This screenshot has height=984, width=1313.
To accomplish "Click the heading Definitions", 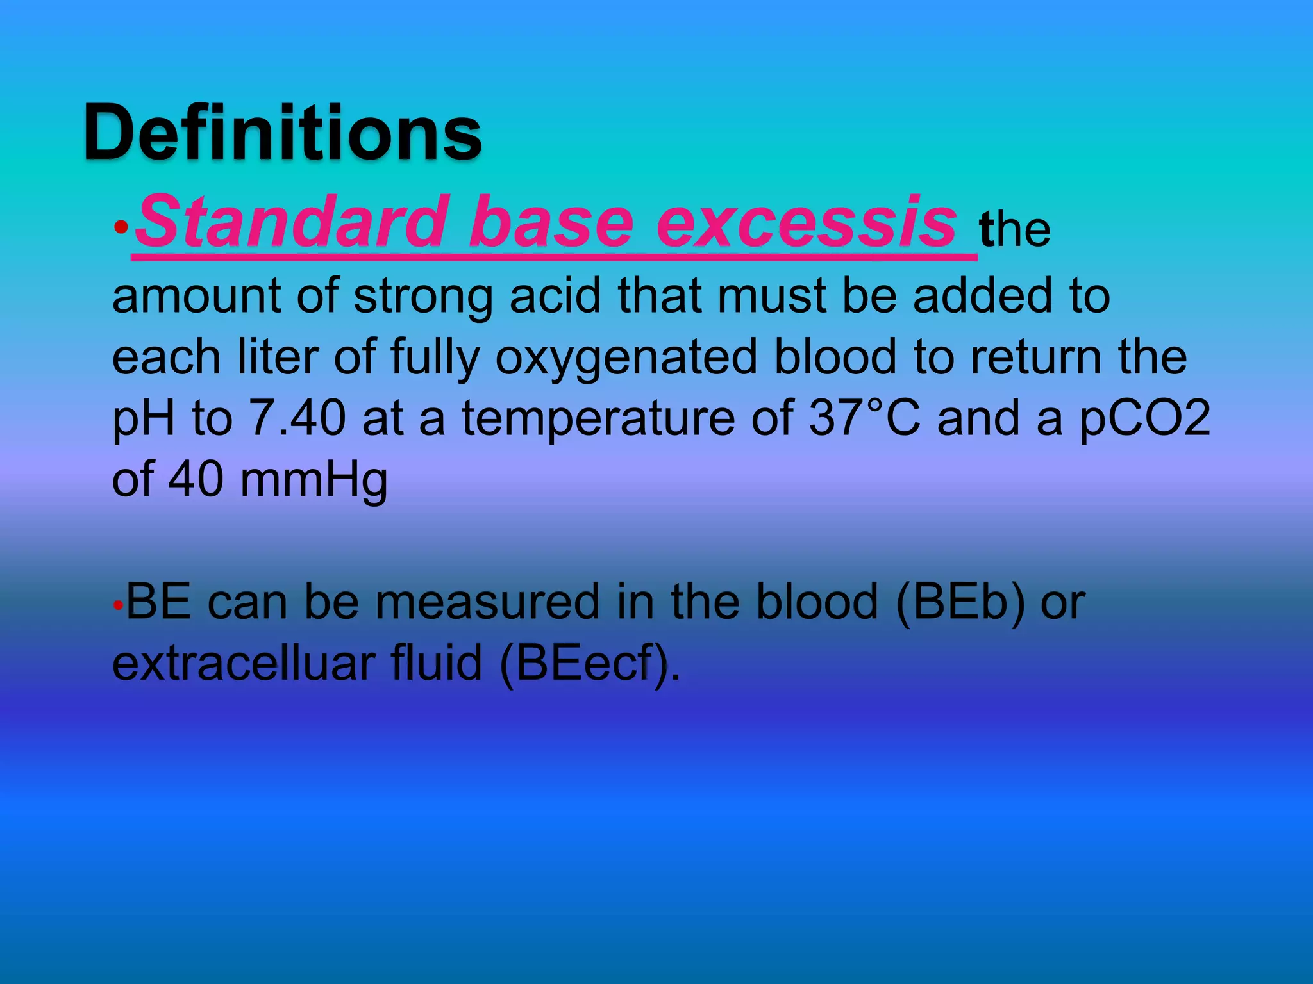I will pyautogui.click(x=282, y=133).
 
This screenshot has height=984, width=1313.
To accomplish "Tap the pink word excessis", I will pyautogui.click(x=807, y=222).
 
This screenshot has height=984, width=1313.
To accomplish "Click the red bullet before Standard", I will pyautogui.click(x=121, y=227).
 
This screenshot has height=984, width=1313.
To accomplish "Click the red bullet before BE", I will pyautogui.click(x=117, y=605).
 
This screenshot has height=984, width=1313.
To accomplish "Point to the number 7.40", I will pyautogui.click(x=297, y=418).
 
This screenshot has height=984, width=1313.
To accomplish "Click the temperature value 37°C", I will pyautogui.click(x=864, y=418).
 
